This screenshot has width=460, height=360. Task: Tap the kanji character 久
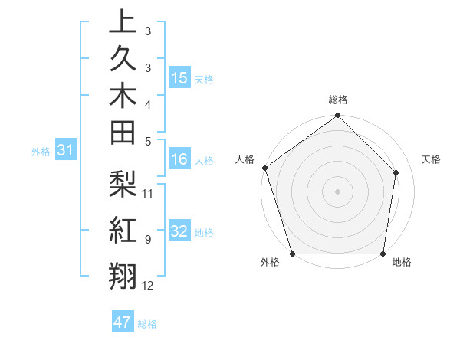pos(123,60)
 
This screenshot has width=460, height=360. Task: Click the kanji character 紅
pos(123,230)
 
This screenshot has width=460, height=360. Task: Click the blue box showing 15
pos(179,78)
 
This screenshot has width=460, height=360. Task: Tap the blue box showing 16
pos(179,160)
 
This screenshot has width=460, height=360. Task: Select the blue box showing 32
pos(179,232)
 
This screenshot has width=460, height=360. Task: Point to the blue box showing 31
pos(66,151)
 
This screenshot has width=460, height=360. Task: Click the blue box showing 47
pos(123,322)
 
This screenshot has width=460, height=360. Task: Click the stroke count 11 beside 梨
pos(148,193)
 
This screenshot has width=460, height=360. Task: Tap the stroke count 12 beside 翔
pos(148,286)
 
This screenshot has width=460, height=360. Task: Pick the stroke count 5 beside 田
pos(148,141)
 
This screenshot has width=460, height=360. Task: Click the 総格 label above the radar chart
pos(338,100)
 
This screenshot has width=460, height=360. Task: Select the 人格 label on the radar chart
pos(245,159)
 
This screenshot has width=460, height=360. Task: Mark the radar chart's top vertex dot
pos(338,116)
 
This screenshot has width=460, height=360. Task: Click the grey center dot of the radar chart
pos(338,191)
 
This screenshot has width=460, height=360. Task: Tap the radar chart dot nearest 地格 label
pos(383,254)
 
